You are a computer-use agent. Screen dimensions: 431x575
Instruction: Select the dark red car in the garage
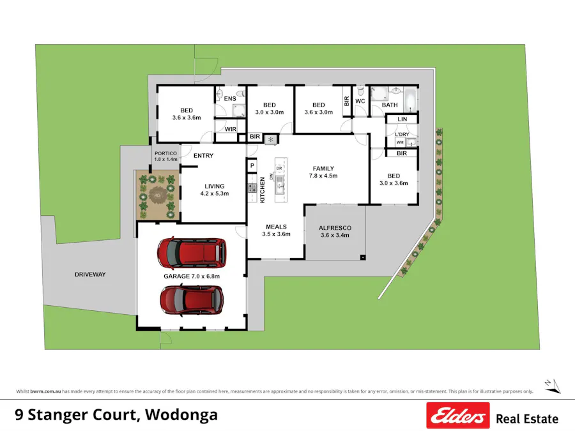(192, 300)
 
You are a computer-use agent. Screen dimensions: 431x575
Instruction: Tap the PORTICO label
(166, 153)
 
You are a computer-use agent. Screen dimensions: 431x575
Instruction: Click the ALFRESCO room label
(335, 228)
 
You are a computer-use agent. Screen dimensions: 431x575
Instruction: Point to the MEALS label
(276, 227)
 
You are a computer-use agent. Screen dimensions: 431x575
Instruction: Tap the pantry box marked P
(252, 165)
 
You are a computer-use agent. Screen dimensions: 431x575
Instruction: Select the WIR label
(231, 129)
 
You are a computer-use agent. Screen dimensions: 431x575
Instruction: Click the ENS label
(231, 99)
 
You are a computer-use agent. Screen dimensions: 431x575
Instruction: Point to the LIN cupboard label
(402, 119)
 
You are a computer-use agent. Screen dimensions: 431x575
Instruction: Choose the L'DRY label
(402, 134)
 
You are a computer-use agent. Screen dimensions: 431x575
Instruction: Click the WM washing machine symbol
(400, 142)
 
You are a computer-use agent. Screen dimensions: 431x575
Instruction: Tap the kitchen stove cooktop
(252, 188)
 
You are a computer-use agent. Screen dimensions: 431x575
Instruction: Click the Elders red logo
(458, 416)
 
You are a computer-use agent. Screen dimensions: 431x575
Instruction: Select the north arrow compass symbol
(552, 385)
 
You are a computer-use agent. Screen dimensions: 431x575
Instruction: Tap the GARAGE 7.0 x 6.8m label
(192, 276)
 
